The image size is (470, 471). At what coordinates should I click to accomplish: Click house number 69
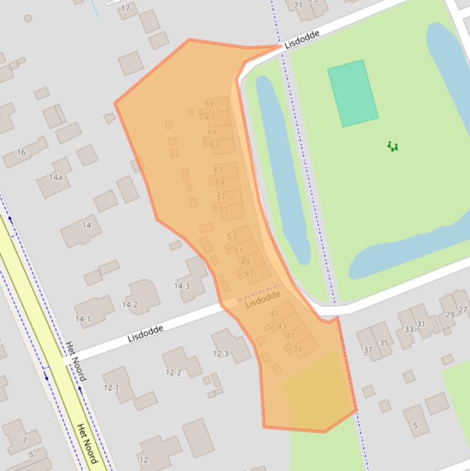(x=209, y=104)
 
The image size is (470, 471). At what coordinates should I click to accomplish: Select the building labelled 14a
(x=56, y=177)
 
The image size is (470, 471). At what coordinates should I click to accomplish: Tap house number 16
(x=21, y=152)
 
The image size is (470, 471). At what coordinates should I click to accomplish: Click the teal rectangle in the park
(x=353, y=93)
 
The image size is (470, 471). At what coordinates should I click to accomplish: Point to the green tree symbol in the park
(x=392, y=146)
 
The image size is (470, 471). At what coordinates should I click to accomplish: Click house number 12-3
(x=221, y=354)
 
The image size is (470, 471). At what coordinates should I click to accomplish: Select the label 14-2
(x=130, y=304)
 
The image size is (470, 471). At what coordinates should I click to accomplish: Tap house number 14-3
(x=182, y=286)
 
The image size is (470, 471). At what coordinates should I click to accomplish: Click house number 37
(x=368, y=350)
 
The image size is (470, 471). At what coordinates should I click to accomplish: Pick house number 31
(x=420, y=324)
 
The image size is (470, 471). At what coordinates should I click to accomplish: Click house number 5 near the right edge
(x=415, y=426)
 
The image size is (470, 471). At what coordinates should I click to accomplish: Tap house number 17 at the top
(x=126, y=9)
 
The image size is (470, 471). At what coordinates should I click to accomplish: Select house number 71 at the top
(x=298, y=5)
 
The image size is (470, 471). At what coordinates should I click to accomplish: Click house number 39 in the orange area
(x=298, y=349)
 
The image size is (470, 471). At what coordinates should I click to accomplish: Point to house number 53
(x=231, y=237)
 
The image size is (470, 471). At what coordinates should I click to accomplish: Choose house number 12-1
(x=111, y=387)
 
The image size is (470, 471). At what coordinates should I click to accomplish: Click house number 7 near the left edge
(x=24, y=440)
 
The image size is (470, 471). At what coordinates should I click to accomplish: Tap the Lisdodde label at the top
(x=302, y=40)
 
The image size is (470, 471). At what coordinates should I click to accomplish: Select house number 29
(x=450, y=314)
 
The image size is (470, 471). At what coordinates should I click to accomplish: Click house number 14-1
(x=83, y=319)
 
